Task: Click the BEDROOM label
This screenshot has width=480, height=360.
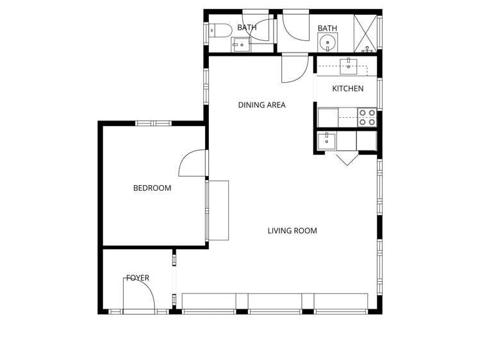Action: (152, 188)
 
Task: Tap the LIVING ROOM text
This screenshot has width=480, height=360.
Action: (292, 231)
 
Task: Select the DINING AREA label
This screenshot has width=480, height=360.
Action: (261, 105)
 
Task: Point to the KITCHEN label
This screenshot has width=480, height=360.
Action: (347, 88)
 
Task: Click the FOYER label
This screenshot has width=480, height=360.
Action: (137, 278)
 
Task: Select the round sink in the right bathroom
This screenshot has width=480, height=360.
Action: (327, 44)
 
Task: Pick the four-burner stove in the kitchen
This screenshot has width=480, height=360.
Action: (367, 117)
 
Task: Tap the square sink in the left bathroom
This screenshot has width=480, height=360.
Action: (241, 44)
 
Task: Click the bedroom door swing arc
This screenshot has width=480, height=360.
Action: (192, 163)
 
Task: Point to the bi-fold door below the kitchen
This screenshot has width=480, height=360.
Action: (347, 158)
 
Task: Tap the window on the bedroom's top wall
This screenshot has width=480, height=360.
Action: (153, 123)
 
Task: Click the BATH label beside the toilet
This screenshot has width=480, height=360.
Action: (247, 28)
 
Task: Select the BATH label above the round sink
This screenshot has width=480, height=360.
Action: (327, 28)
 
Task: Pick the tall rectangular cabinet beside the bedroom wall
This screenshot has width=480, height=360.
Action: (219, 210)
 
